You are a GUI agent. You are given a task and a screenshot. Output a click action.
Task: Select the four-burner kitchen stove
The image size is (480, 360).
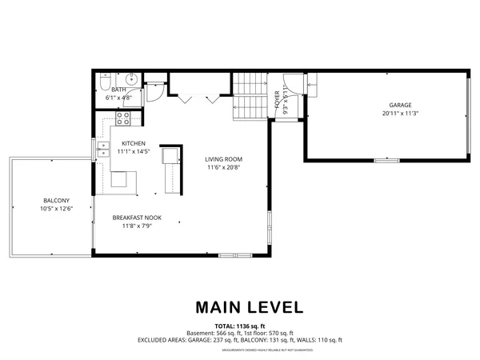124,118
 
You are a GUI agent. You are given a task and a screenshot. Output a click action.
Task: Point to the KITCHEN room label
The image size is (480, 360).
133,143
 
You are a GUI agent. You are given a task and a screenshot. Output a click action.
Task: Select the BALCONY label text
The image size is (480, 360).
56,200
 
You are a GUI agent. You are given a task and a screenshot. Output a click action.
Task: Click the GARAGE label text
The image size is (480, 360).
401,105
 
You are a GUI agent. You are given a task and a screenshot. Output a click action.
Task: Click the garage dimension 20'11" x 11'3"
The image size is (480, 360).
401,114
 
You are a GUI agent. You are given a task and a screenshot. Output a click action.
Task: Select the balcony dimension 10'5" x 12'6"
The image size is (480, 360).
56,209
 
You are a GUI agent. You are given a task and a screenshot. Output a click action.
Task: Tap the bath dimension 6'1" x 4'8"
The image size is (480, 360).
120,98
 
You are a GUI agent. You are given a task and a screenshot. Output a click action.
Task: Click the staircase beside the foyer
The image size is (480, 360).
250,96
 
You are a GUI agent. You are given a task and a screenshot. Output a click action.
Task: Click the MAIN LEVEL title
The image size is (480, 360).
239,307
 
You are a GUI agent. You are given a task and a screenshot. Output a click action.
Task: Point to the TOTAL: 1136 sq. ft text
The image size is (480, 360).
239,326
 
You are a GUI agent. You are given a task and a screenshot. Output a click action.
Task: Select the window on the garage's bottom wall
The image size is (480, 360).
387,161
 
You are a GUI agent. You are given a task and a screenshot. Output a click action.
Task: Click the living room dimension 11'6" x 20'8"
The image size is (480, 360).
224,167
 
